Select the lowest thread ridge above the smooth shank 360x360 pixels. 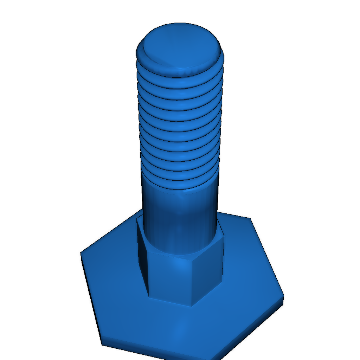pos(180,186)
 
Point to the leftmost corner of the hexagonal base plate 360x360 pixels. pos(81,252)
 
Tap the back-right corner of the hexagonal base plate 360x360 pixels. pos(250,218)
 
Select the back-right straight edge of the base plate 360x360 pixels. pos(267,257)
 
